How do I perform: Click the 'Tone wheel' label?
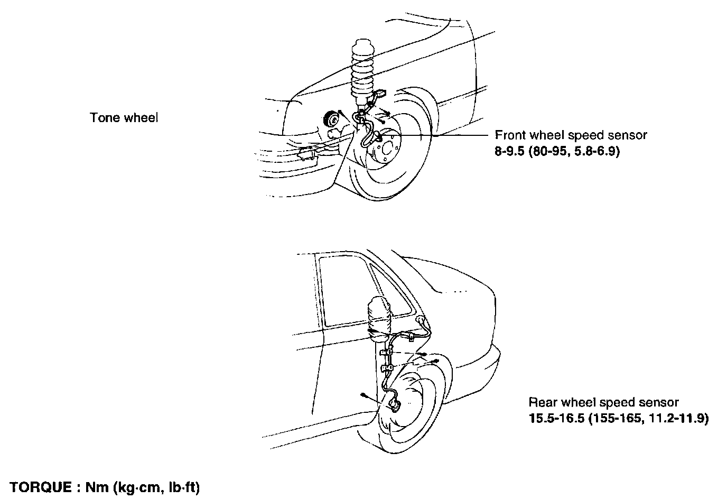(x=124, y=117)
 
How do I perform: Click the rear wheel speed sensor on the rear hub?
(x=394, y=405)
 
